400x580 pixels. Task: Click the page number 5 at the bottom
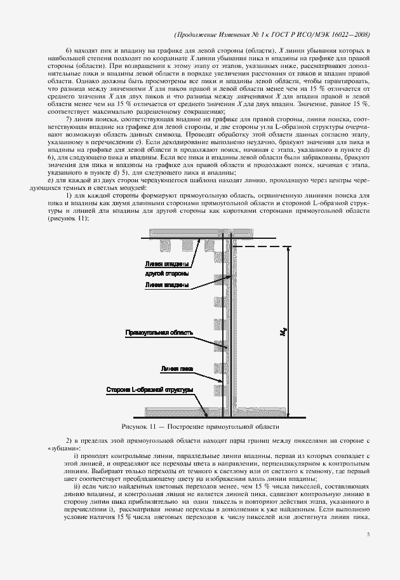coord(368,535)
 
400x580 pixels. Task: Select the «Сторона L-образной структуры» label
coord(149,389)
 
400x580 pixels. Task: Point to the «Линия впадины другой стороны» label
coord(166,267)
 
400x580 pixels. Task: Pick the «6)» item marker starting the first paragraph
coord(70,50)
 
